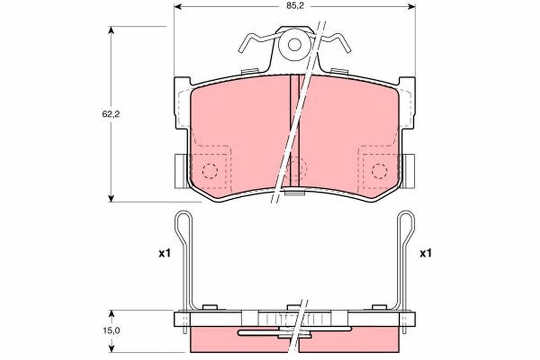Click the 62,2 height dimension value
pyautogui.click(x=102, y=113)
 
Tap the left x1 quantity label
pyautogui.click(x=164, y=253)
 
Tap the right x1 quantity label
pyautogui.click(x=426, y=253)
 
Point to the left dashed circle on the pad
pyautogui.click(x=210, y=169)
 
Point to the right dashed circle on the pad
pyautogui.click(x=379, y=169)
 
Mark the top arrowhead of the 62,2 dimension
pyautogui.click(x=111, y=30)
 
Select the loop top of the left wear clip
pyautogui.click(x=182, y=216)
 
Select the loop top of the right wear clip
pyautogui.click(x=406, y=216)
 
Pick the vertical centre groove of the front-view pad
pyautogui.click(x=294, y=131)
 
